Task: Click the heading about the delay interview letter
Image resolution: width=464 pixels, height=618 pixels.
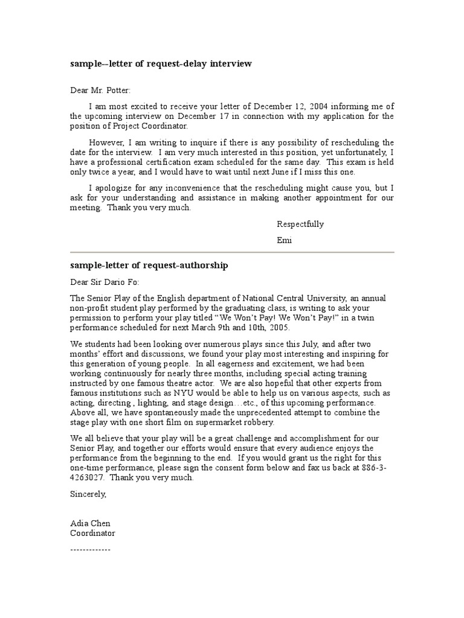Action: [160, 63]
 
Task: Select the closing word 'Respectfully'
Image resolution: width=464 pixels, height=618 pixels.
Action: [300, 224]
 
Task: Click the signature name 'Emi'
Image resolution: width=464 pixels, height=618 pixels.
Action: [284, 240]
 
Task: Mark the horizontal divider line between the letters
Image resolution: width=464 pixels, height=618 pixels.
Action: [232, 252]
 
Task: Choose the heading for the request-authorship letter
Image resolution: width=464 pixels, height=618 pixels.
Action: [149, 266]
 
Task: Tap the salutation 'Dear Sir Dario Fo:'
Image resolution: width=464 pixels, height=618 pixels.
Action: [105, 282]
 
